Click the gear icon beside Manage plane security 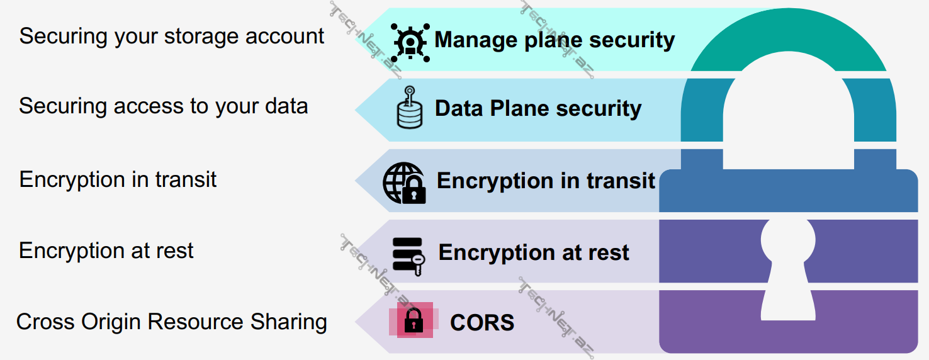click(410, 42)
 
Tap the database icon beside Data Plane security click(410, 108)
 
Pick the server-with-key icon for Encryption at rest click(408, 255)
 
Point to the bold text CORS click(482, 323)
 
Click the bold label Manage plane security click(555, 40)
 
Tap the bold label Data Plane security click(538, 108)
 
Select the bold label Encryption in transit click(546, 181)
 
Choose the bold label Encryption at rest click(534, 252)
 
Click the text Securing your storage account click(172, 37)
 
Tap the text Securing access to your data click(164, 106)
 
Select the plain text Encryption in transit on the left click(118, 179)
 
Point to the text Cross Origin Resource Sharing click(172, 322)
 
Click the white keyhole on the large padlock click(788, 264)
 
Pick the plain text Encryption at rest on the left click(106, 250)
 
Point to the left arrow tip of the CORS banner click(359, 322)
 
